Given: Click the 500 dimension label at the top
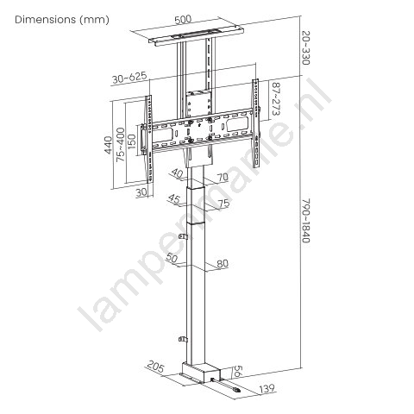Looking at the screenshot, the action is click(x=183, y=20).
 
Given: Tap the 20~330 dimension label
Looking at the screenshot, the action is click(x=306, y=47).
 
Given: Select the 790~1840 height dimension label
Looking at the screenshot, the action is click(x=306, y=221).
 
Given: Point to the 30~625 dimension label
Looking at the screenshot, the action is click(x=129, y=78).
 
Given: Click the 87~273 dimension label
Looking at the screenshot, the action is click(x=276, y=99).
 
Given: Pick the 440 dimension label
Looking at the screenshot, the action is click(x=109, y=145).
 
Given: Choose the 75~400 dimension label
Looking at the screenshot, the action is click(x=121, y=144).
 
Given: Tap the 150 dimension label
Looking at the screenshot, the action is click(x=132, y=141).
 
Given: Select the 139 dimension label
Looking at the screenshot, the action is click(x=267, y=389).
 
